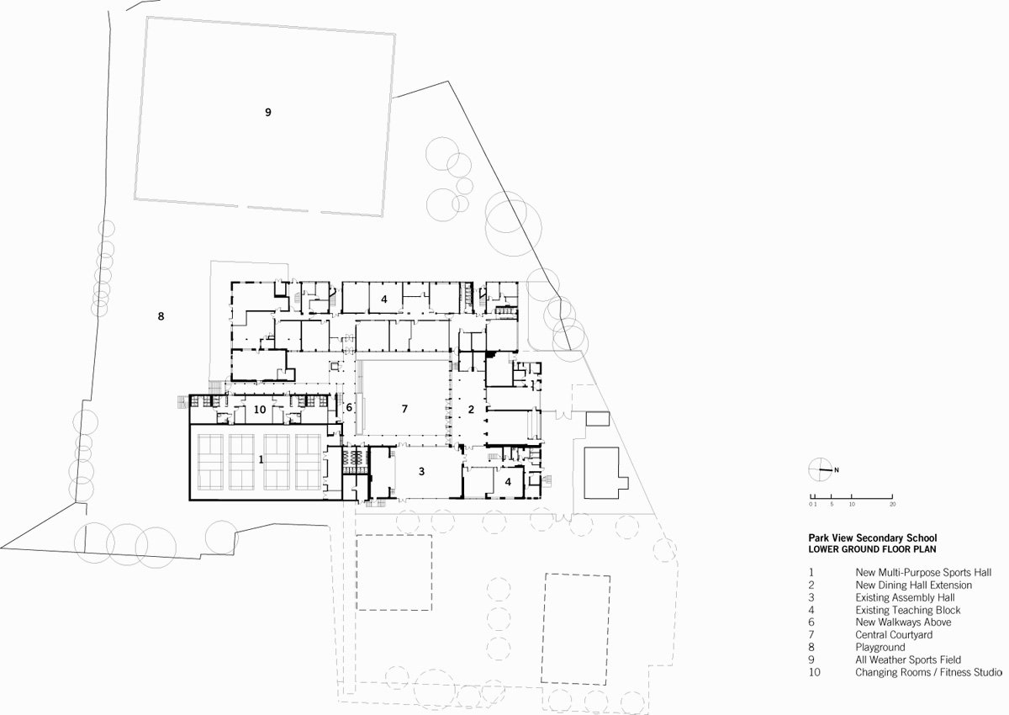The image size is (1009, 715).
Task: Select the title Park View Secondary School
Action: pyautogui.click(x=872, y=538)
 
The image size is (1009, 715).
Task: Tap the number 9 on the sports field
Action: pyautogui.click(x=268, y=112)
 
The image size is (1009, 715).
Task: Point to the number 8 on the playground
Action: pyautogui.click(x=161, y=316)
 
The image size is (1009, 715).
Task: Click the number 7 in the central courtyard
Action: pyautogui.click(x=404, y=409)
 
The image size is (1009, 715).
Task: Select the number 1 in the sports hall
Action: pyautogui.click(x=261, y=460)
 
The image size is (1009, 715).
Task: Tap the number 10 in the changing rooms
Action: pyautogui.click(x=260, y=410)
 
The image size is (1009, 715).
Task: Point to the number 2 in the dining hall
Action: pyautogui.click(x=471, y=410)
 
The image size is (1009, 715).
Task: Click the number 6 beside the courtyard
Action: pyautogui.click(x=349, y=408)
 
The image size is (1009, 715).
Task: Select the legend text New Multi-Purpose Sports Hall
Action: pyautogui.click(x=923, y=572)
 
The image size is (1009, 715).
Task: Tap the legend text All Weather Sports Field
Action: pyautogui.click(x=907, y=660)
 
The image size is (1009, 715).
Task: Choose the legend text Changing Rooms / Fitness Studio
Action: pyautogui.click(x=928, y=673)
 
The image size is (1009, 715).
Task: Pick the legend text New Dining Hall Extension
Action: pyautogui.click(x=913, y=585)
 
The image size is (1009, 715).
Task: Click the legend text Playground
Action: pyautogui.click(x=880, y=648)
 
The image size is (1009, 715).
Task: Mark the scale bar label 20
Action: pyautogui.click(x=892, y=504)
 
